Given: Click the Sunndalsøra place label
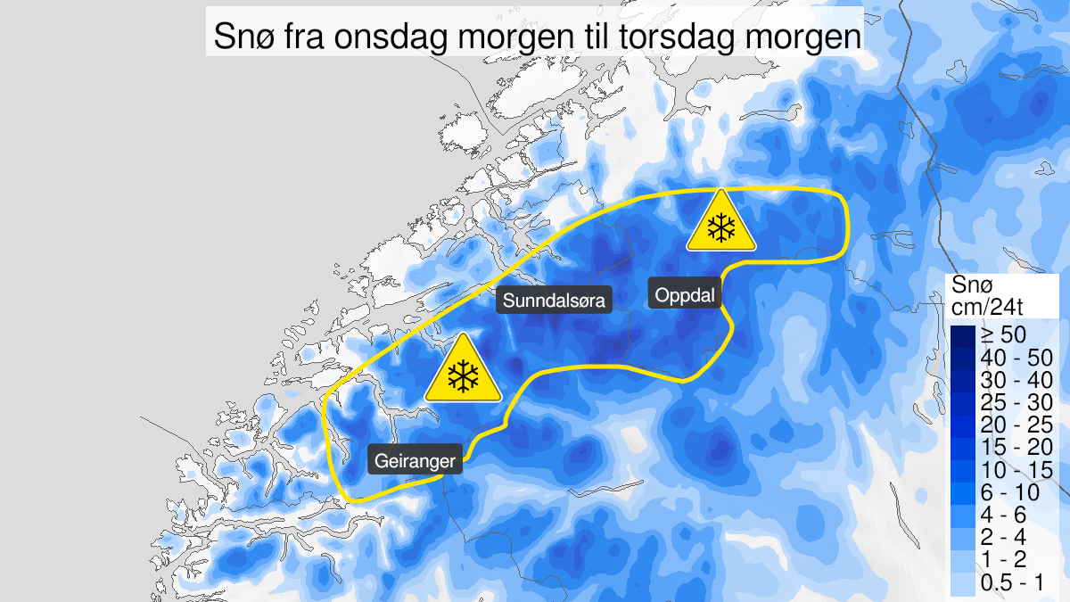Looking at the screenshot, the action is pyautogui.click(x=554, y=301).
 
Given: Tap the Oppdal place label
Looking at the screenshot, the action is pyautogui.click(x=686, y=294).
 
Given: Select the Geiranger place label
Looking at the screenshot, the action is pyautogui.click(x=416, y=460).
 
